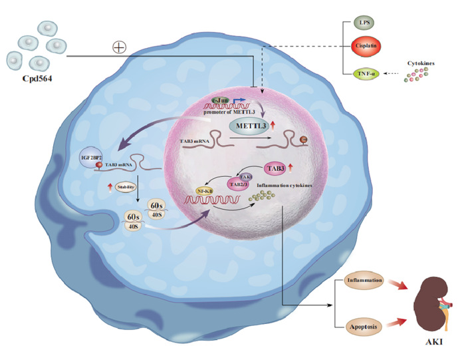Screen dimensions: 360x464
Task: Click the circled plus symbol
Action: pos(120,47)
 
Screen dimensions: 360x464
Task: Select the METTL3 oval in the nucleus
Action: pos(249,126)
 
